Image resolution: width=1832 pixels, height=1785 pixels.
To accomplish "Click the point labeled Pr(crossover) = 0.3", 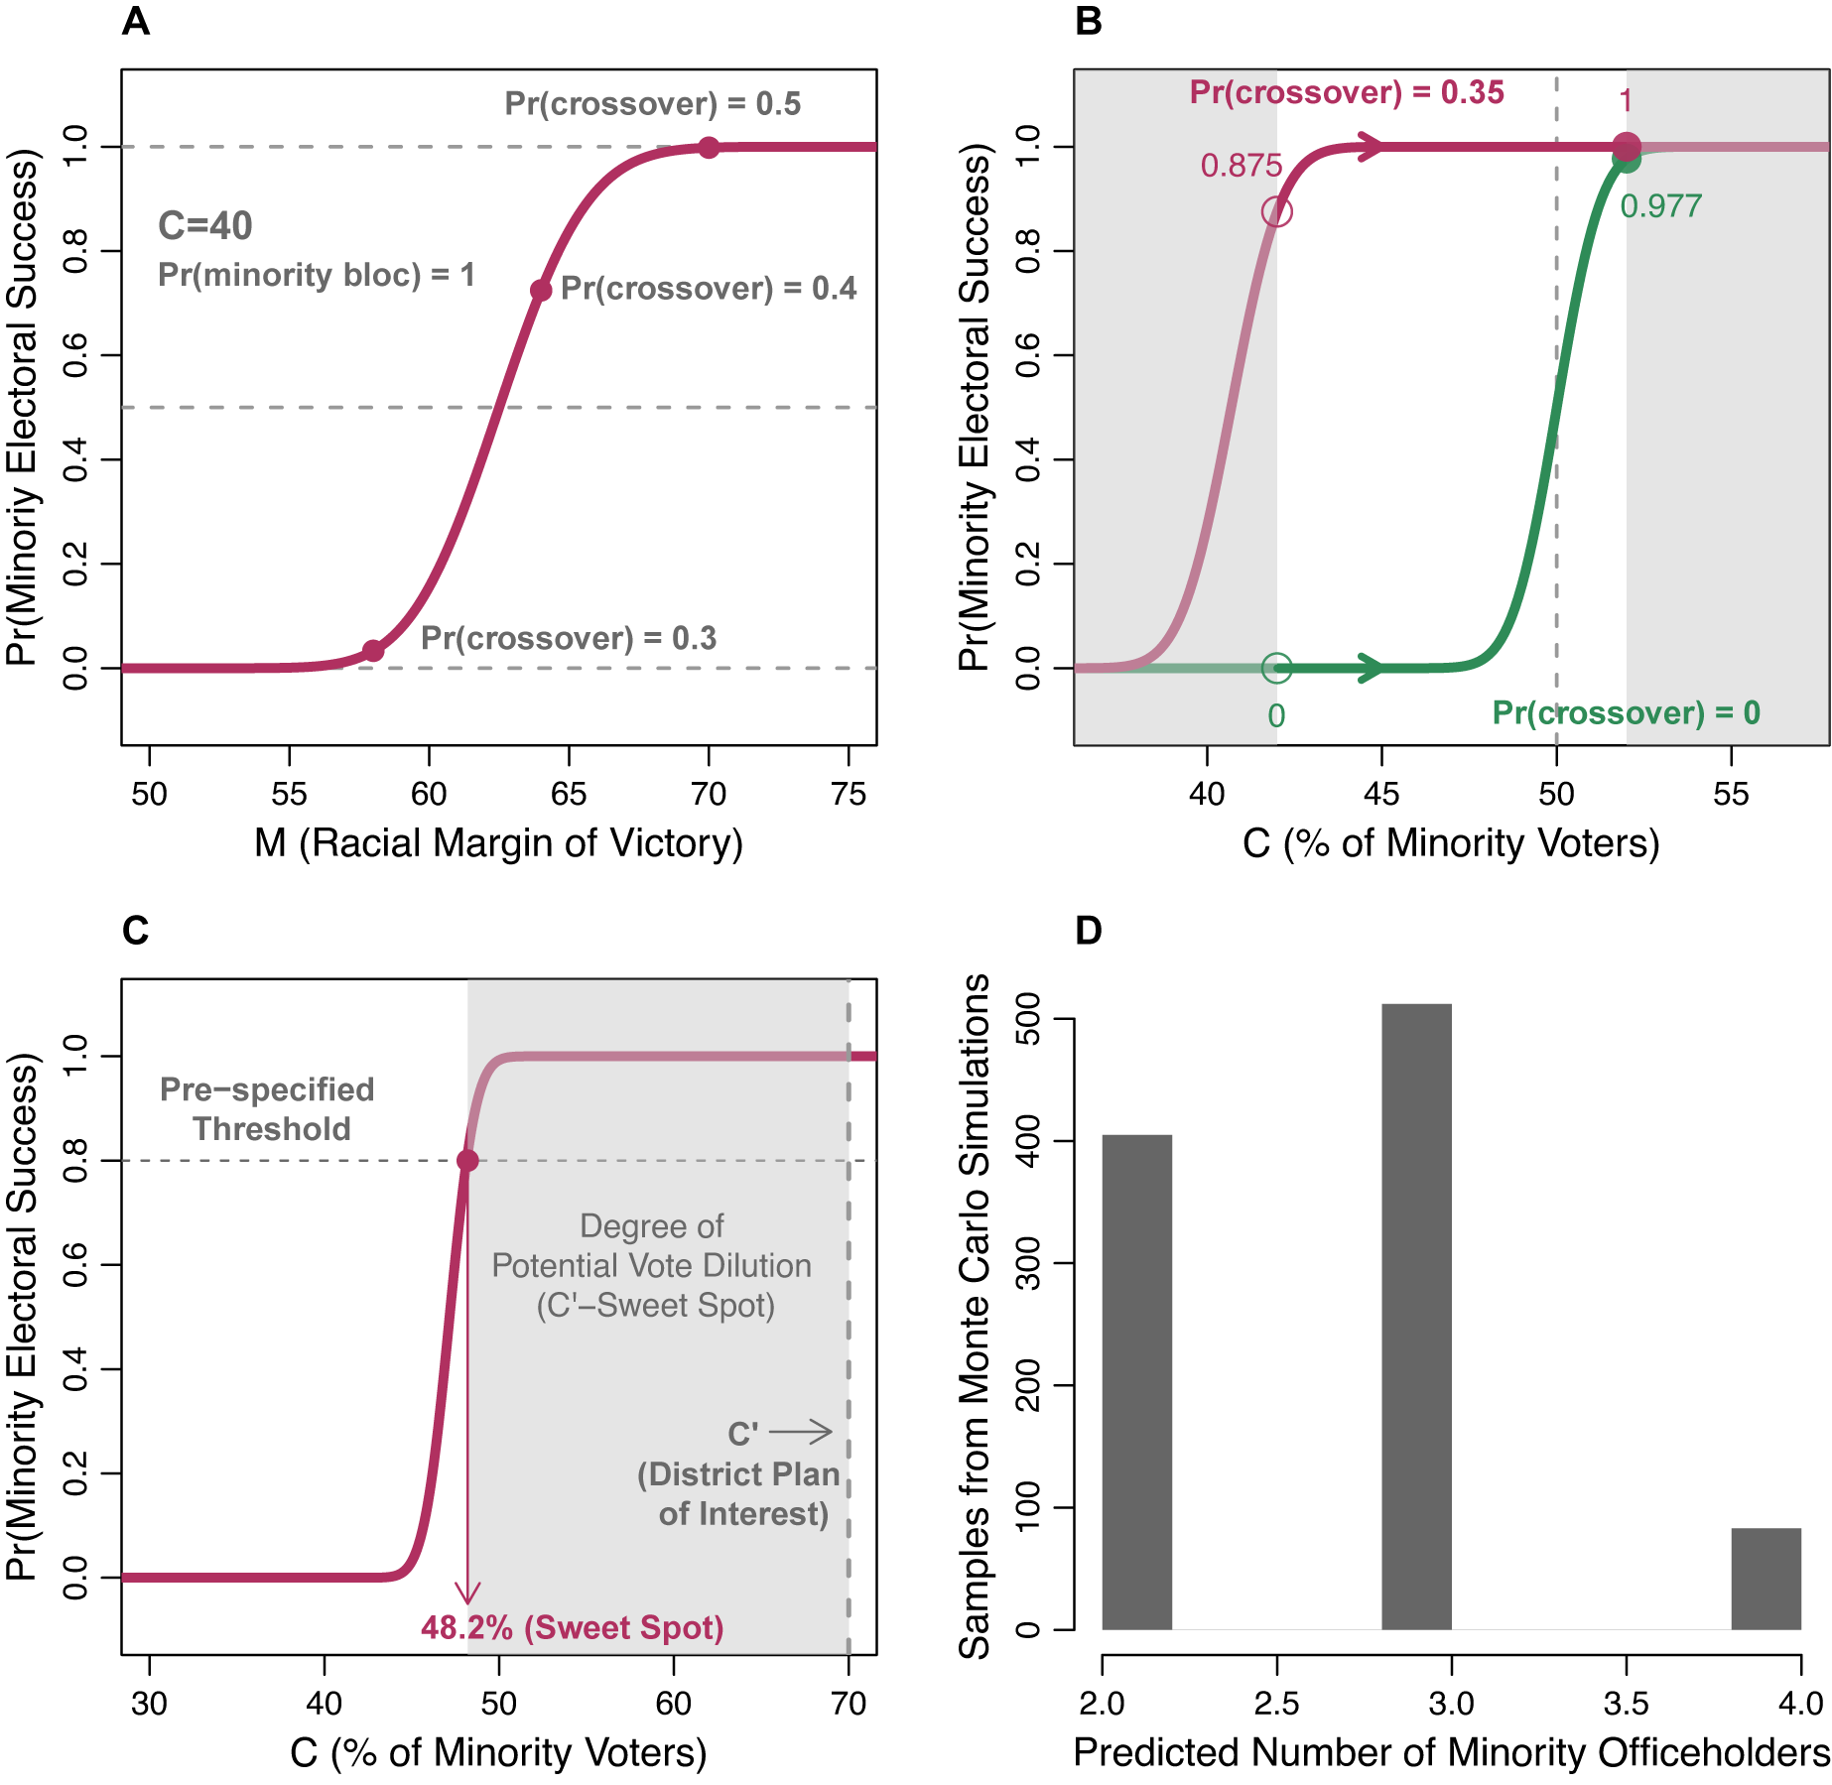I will click(x=372, y=651).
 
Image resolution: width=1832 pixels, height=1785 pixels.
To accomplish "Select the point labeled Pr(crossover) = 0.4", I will click(x=540, y=291).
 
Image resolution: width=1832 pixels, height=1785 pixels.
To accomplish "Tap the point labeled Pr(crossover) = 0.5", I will click(x=708, y=148).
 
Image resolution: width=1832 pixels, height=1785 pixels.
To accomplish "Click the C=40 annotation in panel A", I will click(x=205, y=226).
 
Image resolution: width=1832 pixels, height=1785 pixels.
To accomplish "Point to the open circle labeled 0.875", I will click(x=1276, y=211).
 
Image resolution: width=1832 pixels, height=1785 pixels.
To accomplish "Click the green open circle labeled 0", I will click(x=1276, y=668).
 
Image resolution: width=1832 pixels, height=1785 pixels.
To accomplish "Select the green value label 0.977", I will click(x=1660, y=206).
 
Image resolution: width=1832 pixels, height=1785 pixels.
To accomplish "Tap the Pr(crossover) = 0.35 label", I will click(x=1347, y=92).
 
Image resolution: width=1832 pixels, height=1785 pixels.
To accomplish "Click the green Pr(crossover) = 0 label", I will click(x=1626, y=712).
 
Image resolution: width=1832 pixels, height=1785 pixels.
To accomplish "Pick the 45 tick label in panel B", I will click(x=1381, y=794).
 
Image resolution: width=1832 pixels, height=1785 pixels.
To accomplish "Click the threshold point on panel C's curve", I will click(x=467, y=1160).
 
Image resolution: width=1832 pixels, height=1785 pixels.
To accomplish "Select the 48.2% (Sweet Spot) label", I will click(x=572, y=1628).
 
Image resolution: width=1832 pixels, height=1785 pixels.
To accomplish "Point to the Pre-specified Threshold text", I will click(x=268, y=1108).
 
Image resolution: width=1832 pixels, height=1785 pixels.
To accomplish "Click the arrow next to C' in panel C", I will click(x=801, y=1432).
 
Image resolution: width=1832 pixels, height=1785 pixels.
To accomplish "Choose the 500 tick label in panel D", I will click(x=1028, y=1019).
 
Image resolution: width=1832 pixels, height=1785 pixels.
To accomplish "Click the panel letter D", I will click(x=1089, y=931).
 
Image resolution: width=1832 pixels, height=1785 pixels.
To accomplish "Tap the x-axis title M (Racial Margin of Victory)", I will click(x=498, y=843).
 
